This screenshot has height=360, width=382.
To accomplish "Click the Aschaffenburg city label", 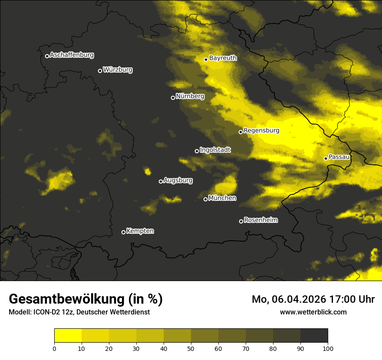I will point(72,55).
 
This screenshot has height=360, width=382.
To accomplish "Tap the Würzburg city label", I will point(118,70).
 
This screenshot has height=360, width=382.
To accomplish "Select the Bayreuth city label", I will point(223,58).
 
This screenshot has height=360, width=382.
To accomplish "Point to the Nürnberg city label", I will point(190,96).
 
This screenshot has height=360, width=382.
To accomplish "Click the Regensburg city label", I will point(261,131).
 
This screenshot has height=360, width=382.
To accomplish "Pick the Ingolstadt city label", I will point(215,150).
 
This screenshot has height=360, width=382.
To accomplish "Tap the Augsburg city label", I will point(178,180).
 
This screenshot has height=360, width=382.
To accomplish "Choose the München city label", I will point(222,198).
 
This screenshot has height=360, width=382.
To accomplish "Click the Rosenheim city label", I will point(260,220).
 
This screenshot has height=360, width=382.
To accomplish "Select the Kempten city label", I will point(140,231).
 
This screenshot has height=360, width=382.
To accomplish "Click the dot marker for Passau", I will point(326,158).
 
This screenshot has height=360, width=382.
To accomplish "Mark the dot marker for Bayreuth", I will point(206,59).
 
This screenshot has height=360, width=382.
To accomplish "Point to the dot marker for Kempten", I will point(123,232).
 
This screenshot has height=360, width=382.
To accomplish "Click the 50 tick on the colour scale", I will point(191,348).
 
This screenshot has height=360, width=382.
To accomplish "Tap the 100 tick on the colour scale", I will point(328,348).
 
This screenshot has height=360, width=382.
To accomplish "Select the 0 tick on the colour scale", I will point(54,348).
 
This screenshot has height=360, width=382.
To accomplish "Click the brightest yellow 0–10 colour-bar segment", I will point(68,336).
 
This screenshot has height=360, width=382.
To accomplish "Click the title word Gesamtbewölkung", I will point(67,299).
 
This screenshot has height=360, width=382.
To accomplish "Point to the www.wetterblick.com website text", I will point(313,312).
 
